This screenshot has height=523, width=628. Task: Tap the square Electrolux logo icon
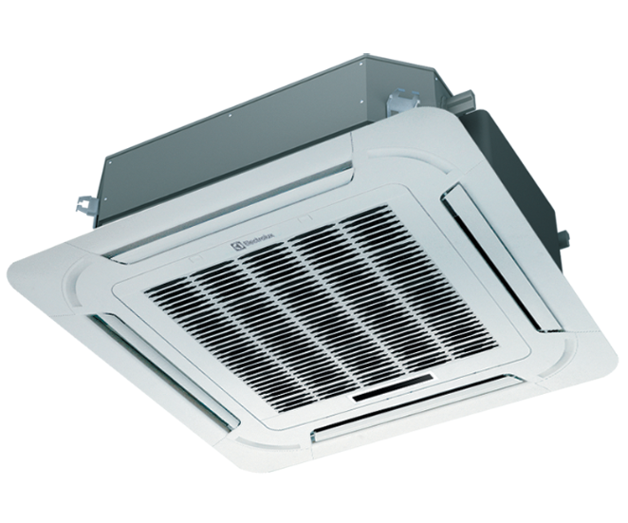click(236, 246)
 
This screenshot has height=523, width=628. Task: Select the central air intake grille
click(321, 308)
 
